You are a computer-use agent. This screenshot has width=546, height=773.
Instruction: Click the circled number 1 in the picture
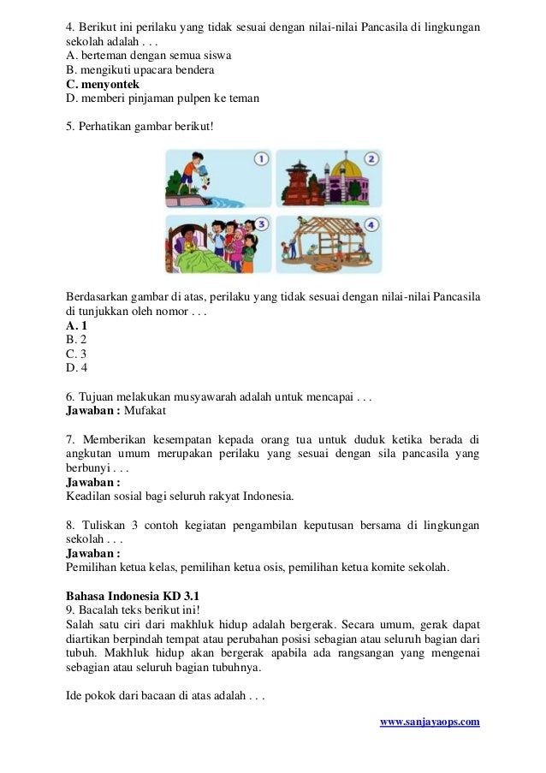262,159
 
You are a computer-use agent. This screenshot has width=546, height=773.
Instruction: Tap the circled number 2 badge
371,158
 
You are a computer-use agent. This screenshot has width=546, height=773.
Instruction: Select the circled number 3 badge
262,224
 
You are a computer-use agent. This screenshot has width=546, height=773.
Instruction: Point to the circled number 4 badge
371,224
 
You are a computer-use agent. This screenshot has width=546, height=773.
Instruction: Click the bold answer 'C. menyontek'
103,84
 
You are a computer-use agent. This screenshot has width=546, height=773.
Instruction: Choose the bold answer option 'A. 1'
76,325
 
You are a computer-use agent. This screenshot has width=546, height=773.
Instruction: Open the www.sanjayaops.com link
430,722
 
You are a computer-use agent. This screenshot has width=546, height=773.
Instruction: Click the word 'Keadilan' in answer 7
88,495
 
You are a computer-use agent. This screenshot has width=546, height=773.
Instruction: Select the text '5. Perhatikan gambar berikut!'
139,127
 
